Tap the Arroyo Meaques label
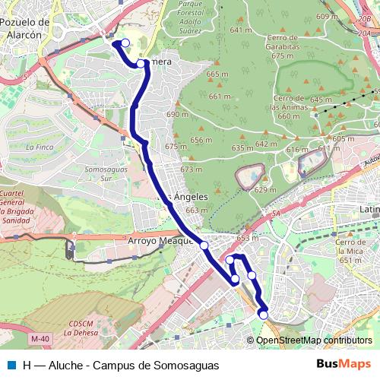point(160,242)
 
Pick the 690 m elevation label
point(176,114)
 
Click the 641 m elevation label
point(240,30)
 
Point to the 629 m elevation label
point(265,189)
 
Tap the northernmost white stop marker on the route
point(125,43)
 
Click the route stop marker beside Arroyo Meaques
point(204,245)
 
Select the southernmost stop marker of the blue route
point(264,314)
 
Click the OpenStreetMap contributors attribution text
point(313,340)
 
